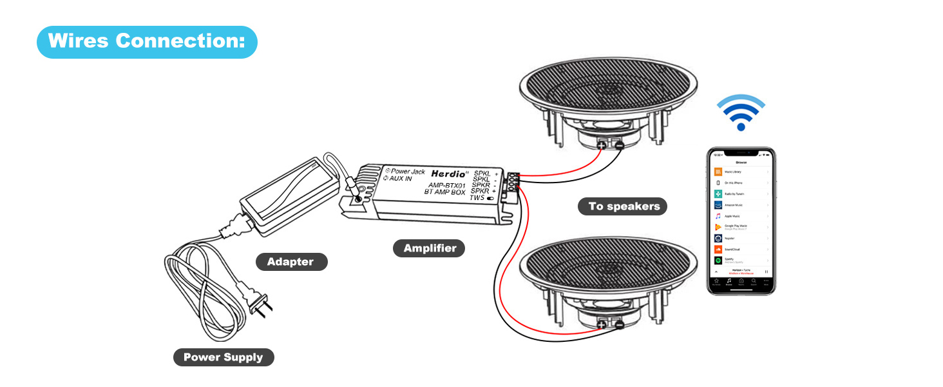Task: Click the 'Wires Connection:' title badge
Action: [147, 42]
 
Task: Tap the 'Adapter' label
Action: [290, 262]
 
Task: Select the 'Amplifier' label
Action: [430, 248]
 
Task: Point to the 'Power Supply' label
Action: [223, 357]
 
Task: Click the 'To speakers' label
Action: [624, 206]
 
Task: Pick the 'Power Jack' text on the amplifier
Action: [408, 171]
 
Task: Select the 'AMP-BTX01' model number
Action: [447, 184]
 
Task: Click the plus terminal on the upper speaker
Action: [601, 146]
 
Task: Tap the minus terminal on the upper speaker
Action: [618, 146]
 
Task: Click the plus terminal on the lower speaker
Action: [601, 326]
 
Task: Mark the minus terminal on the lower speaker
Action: [618, 326]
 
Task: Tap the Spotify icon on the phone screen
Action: [718, 260]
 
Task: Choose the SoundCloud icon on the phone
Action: [718, 249]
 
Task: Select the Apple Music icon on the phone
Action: [718, 216]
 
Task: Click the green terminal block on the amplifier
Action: [513, 183]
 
